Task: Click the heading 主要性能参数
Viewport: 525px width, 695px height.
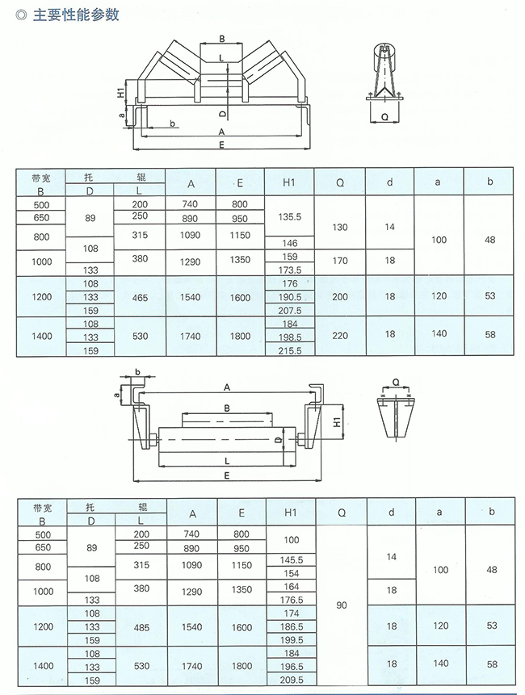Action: (x=76, y=15)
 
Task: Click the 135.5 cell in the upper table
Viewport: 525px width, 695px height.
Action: (x=289, y=217)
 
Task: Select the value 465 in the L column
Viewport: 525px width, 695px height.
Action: (x=140, y=297)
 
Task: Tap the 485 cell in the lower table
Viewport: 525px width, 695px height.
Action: (x=141, y=627)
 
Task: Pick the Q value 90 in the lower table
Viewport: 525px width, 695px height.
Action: (x=342, y=605)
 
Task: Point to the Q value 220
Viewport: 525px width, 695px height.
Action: (x=340, y=336)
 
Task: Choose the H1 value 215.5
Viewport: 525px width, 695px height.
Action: (x=290, y=350)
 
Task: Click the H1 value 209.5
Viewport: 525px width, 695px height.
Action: (x=292, y=680)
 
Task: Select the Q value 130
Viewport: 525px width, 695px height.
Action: (x=340, y=227)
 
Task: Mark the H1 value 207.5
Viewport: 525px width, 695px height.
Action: (x=290, y=311)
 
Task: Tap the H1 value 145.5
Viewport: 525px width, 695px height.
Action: (x=292, y=560)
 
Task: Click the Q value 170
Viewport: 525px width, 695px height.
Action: (x=340, y=260)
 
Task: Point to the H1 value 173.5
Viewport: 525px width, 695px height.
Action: (x=290, y=270)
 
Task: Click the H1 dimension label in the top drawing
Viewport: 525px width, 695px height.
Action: (x=120, y=93)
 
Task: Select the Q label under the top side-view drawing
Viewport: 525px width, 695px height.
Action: (x=384, y=117)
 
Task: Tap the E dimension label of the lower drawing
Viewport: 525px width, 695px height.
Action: (x=227, y=476)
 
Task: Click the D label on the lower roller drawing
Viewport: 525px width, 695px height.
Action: (x=277, y=440)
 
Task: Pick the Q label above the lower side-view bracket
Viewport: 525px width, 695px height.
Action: (x=396, y=383)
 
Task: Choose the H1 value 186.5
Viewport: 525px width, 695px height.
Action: (x=292, y=626)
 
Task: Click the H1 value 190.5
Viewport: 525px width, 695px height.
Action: (x=290, y=297)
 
